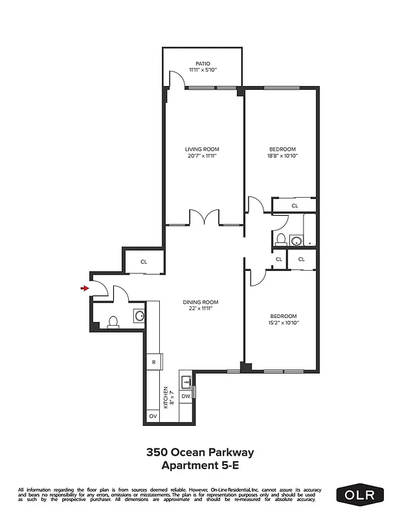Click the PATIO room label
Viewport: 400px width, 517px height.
203,63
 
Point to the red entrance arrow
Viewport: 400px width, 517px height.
83,288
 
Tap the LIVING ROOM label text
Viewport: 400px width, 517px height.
203,149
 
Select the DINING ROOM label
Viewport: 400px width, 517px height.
200,302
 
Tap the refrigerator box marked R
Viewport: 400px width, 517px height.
153,362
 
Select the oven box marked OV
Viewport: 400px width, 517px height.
153,417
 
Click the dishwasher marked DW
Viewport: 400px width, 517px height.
185,396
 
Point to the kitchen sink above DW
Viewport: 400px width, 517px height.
185,380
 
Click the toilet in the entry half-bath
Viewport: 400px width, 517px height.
113,321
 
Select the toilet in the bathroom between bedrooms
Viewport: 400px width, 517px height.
280,239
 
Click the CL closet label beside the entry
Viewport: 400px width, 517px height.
144,262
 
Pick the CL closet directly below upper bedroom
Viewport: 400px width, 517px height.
294,206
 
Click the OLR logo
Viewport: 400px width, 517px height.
360,494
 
